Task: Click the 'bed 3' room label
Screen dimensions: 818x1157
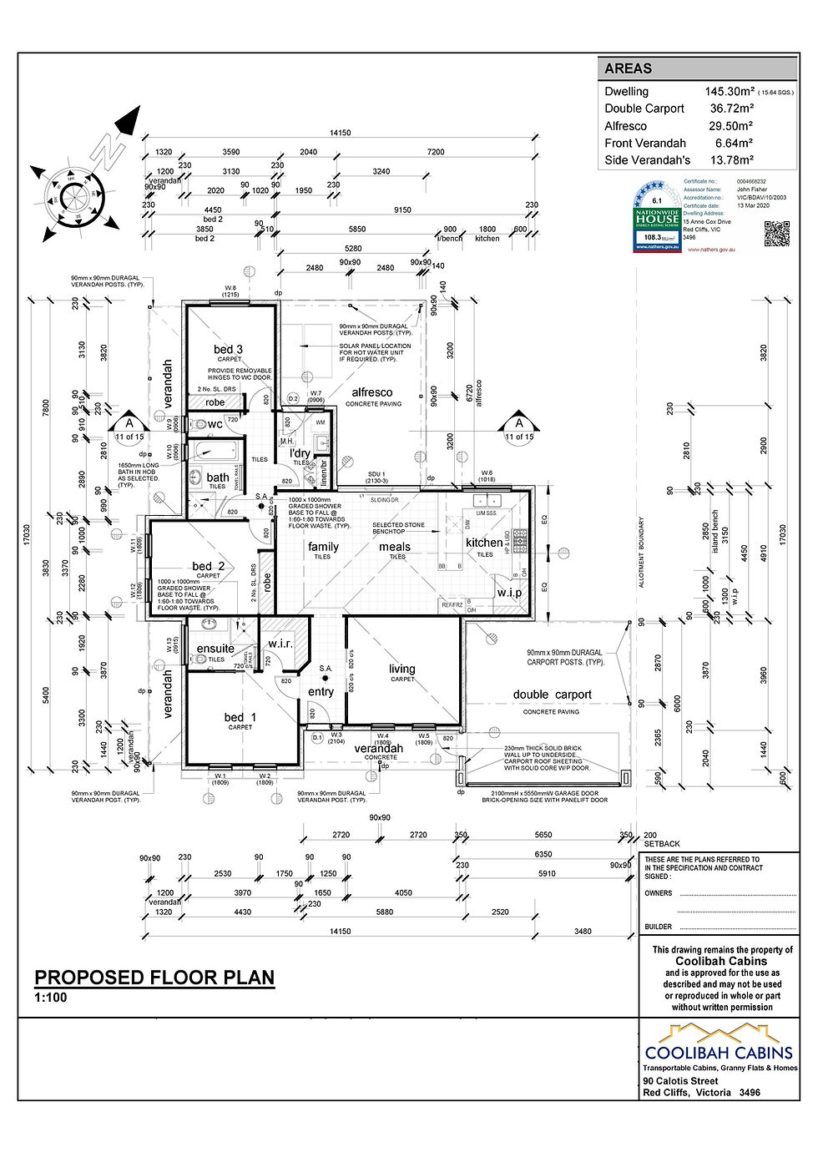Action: click(x=228, y=349)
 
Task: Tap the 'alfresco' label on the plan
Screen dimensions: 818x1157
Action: click(x=372, y=392)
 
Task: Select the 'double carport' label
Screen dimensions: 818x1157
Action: click(x=552, y=695)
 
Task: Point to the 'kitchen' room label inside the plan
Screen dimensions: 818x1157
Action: click(x=484, y=543)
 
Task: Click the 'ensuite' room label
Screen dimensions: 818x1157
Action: click(x=215, y=649)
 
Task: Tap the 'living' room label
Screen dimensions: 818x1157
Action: click(x=401, y=669)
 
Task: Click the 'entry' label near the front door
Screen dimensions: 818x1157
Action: click(x=321, y=691)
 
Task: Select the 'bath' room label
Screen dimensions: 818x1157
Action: click(x=218, y=477)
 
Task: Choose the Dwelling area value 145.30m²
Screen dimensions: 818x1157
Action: click(x=730, y=92)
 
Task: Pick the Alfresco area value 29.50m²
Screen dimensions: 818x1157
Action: click(x=730, y=126)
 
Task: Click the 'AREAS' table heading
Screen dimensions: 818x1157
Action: click(x=628, y=69)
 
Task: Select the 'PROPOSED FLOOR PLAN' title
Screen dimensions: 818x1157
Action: click(x=154, y=978)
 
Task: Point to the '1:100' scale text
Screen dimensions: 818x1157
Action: click(x=50, y=998)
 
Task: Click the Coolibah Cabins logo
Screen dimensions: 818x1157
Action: click(x=719, y=1043)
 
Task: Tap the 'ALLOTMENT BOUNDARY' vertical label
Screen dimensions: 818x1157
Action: click(x=641, y=551)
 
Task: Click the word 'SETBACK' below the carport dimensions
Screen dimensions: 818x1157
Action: click(x=662, y=844)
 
